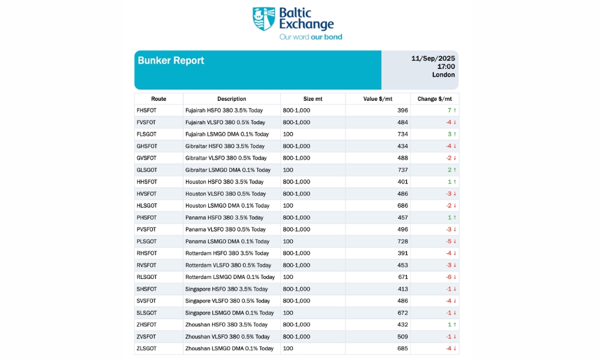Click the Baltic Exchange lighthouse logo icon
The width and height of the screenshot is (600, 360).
tap(263, 19)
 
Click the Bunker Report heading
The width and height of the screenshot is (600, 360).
tap(171, 61)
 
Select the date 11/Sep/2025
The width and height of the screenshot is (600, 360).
tap(433, 58)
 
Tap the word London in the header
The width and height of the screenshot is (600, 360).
tap(443, 75)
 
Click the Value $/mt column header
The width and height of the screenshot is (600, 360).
tap(377, 99)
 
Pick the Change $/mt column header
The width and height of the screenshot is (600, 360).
tap(434, 99)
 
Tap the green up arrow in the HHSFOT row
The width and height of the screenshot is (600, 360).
tap(455, 182)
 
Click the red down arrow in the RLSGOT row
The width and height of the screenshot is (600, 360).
tap(455, 277)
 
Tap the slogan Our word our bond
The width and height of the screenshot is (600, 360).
tap(311, 37)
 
